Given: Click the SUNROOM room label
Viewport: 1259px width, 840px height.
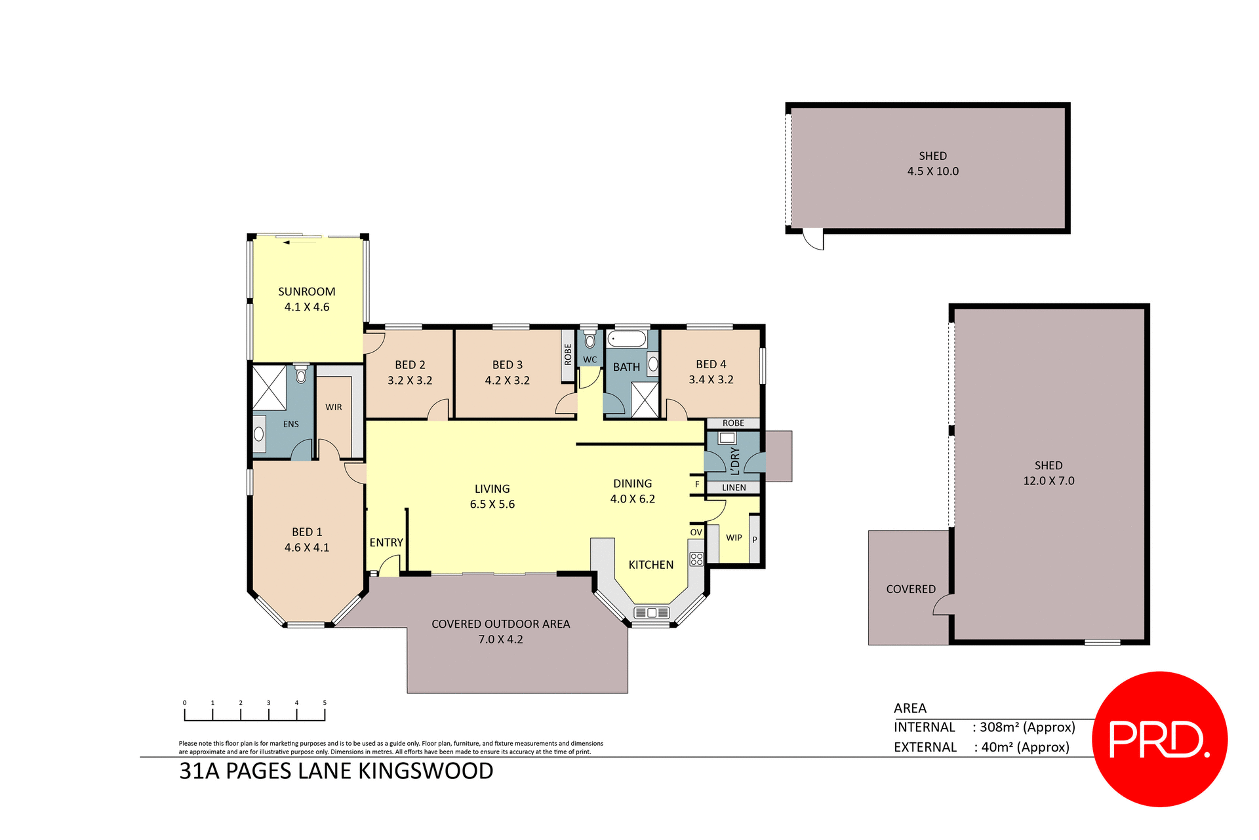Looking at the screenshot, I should point(306,292).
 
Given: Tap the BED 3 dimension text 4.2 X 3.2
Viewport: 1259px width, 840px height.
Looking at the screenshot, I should point(507,380).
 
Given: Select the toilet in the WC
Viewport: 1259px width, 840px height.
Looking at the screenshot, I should point(590,341).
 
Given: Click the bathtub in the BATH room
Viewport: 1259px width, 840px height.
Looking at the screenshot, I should point(627,339).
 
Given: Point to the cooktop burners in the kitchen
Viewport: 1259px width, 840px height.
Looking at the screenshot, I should point(696,559).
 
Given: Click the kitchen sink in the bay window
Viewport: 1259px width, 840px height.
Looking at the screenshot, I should point(651,613).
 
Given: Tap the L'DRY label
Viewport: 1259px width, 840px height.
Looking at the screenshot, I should point(734,461).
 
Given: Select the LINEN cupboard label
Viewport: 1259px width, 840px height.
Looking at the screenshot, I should point(734,487).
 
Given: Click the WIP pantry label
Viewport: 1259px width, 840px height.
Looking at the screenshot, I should point(734,537).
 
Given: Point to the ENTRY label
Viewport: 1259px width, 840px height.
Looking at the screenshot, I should point(386,543).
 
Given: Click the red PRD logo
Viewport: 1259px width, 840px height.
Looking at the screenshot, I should point(1159,739).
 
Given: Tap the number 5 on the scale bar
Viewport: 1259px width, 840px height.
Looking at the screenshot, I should point(325,703).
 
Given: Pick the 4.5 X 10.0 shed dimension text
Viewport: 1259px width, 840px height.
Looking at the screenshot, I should point(932,171).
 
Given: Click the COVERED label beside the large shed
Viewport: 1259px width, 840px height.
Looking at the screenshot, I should point(910,589).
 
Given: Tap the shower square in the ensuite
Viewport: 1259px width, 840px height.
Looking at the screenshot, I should point(270,388).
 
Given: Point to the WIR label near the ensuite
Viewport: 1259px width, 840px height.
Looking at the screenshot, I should point(333,407).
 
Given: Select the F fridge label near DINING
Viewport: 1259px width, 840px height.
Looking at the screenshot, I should point(697,484).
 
